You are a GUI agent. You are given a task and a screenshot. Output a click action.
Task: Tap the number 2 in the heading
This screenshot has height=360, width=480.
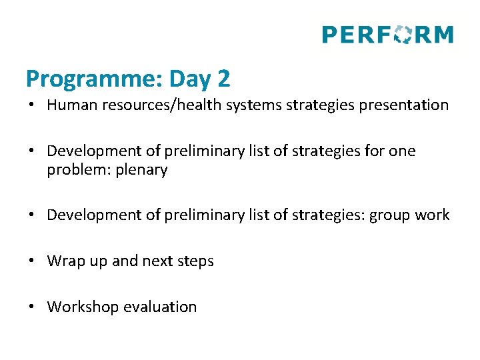pyautogui.click(x=223, y=79)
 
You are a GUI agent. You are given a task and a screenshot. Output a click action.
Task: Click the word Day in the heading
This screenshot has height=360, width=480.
pyautogui.click(x=190, y=79)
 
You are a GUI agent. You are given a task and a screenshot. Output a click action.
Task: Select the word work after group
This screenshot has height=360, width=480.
pyautogui.click(x=434, y=215)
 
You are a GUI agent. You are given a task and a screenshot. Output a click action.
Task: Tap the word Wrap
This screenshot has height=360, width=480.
pyautogui.click(x=64, y=261)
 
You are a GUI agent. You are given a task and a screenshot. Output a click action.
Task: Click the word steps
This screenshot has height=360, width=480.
pyautogui.click(x=195, y=261)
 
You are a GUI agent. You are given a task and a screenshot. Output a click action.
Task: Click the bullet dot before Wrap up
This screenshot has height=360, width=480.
pyautogui.click(x=32, y=261)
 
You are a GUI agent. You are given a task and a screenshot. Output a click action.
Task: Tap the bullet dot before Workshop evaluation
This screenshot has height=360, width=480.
pyautogui.click(x=32, y=307)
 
